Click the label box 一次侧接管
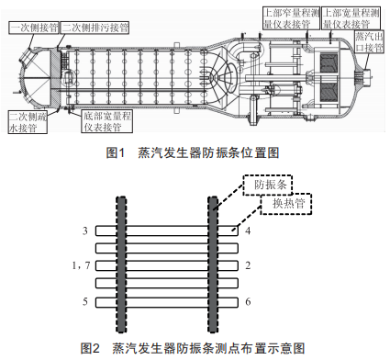pos(34,28)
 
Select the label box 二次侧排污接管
pos(95,28)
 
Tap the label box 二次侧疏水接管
pos(28,122)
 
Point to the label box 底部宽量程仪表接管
pos(107,121)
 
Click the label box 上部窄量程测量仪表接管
pos(291,18)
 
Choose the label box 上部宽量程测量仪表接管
pos(351,18)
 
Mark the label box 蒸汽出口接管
pos(369,41)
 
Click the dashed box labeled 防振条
pos(268,185)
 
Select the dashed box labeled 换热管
pos(286,204)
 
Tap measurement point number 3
pos(85,231)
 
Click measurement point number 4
pos(248,231)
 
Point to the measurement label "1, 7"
pos(81,265)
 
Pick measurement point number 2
pos(248,265)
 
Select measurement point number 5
pos(85,301)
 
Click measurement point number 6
pos(248,301)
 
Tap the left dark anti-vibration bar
pos(121,264)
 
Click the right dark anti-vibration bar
pos(213,264)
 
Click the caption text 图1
pos(116,152)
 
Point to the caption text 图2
pos(90,348)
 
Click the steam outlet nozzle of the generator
pos(364,75)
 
